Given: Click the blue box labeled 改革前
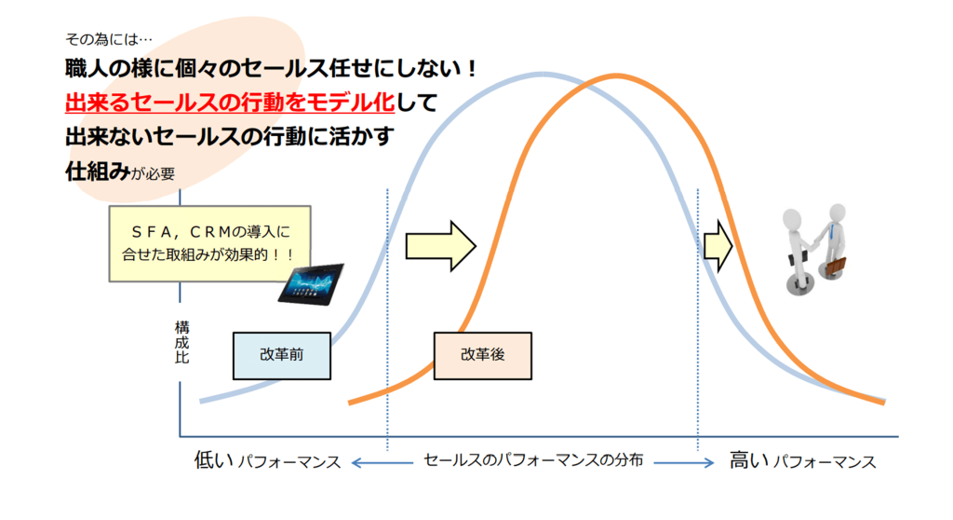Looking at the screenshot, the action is click(x=282, y=356).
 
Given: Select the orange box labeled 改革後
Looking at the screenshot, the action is click(x=483, y=356).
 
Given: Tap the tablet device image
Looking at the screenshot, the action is click(x=311, y=283).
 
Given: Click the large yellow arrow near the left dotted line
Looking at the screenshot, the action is click(x=440, y=246).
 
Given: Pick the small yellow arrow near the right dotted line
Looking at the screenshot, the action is click(x=718, y=246).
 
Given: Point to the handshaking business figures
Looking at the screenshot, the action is click(x=815, y=250).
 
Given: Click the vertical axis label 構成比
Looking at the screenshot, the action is click(x=181, y=342).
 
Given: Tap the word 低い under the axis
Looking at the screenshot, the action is click(x=214, y=460).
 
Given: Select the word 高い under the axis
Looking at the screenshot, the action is click(x=749, y=460).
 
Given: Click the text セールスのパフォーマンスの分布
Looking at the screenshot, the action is click(x=533, y=460).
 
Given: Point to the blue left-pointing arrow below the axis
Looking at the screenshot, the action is click(x=382, y=463).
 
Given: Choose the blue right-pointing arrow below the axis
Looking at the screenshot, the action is click(x=684, y=463).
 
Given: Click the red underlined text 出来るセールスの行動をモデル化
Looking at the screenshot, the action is click(x=230, y=103).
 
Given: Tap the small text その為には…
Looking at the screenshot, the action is click(x=109, y=39).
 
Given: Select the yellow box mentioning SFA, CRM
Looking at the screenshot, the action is click(x=209, y=243).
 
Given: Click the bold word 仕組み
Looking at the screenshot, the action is click(x=97, y=171).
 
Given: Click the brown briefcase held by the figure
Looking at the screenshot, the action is click(x=835, y=267).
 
